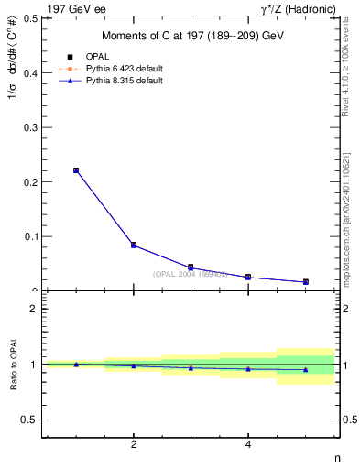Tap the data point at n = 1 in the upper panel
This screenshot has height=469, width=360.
click(76, 170)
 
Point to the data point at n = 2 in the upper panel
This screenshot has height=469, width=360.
click(134, 245)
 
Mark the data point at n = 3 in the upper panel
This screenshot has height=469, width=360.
click(191, 267)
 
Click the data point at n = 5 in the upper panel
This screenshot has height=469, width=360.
click(306, 282)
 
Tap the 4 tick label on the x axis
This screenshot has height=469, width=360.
click(248, 445)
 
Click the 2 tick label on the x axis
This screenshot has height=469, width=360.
click(134, 445)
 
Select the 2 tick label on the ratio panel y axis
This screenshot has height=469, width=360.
click(32, 310)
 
